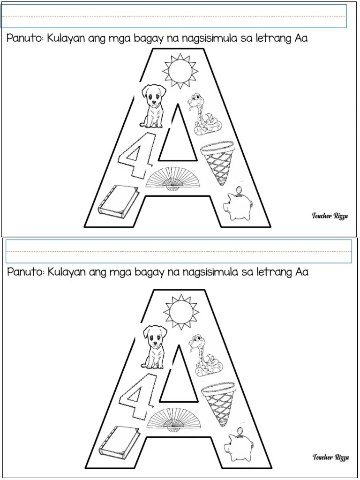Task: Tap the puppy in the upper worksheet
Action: click(x=153, y=106)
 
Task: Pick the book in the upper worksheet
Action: click(x=119, y=200)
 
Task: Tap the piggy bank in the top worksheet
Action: click(x=238, y=204)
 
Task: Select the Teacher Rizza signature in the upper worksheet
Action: click(x=330, y=216)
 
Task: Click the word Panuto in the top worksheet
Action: click(x=25, y=39)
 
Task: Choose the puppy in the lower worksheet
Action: click(x=154, y=347)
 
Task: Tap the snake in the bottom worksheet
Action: click(x=205, y=356)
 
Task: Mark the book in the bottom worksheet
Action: click(x=120, y=441)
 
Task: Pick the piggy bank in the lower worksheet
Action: click(x=239, y=445)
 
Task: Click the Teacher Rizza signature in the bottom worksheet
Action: click(x=330, y=457)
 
